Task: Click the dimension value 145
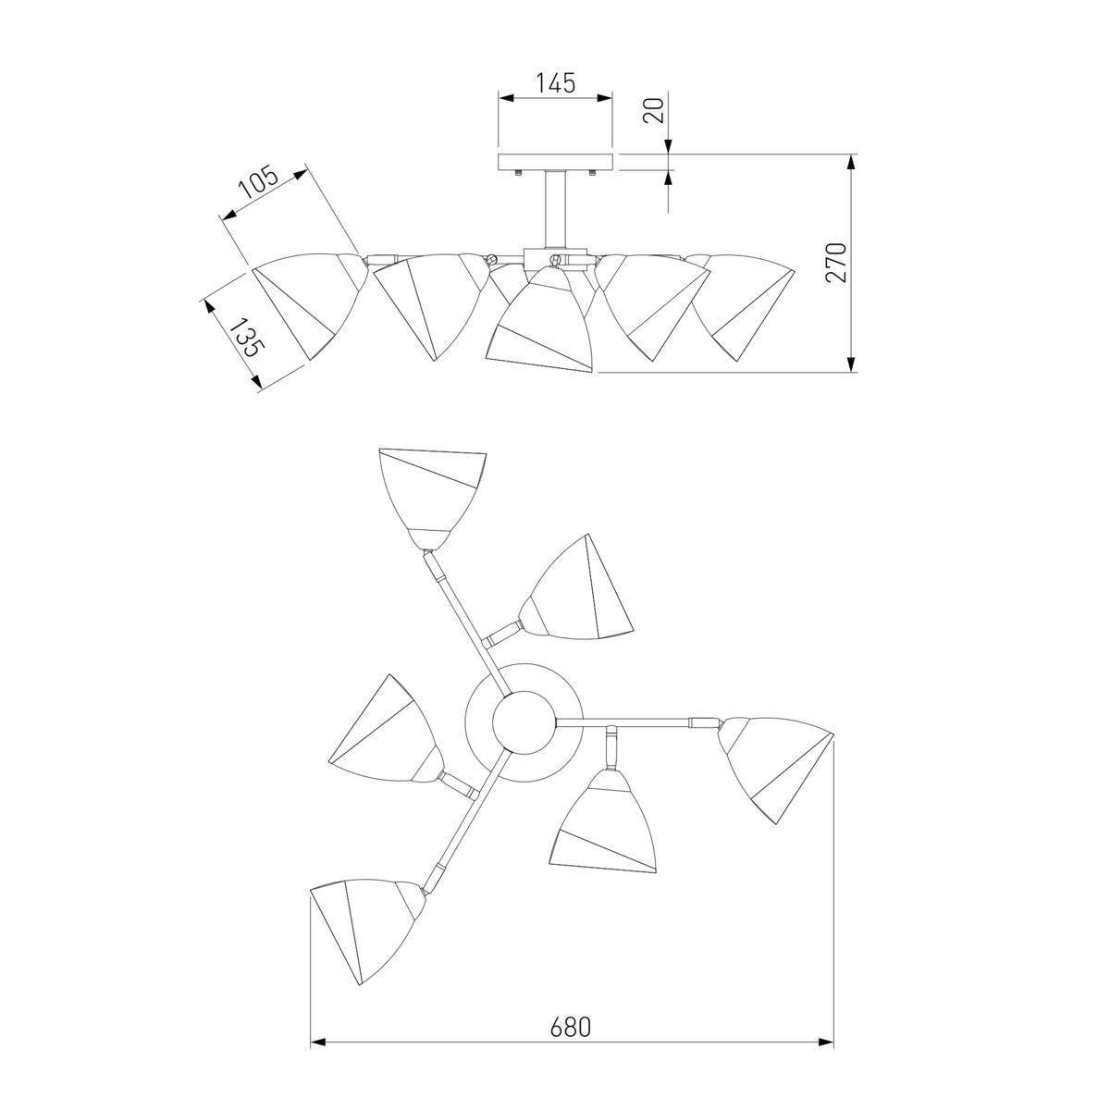coord(556,83)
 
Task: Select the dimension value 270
coord(836,262)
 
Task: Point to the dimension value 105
coord(258,182)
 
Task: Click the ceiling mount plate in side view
coord(555,162)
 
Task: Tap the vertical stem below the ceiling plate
coord(555,210)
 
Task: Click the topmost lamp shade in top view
coord(431,498)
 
